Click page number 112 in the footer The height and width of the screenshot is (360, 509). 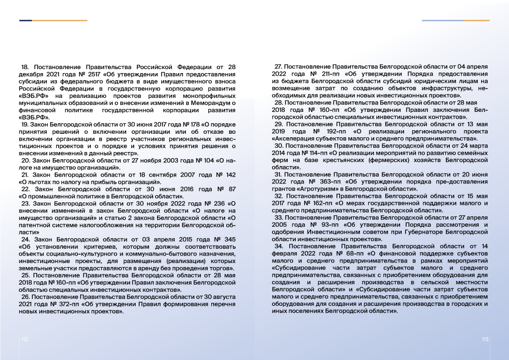(x=24, y=339)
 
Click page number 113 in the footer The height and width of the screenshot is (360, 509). (x=485, y=339)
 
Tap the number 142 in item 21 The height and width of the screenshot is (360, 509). (x=230, y=175)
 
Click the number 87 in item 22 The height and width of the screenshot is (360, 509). (x=231, y=189)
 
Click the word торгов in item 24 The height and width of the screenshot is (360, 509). (x=221, y=268)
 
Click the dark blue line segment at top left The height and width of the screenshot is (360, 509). (x=26, y=20)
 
